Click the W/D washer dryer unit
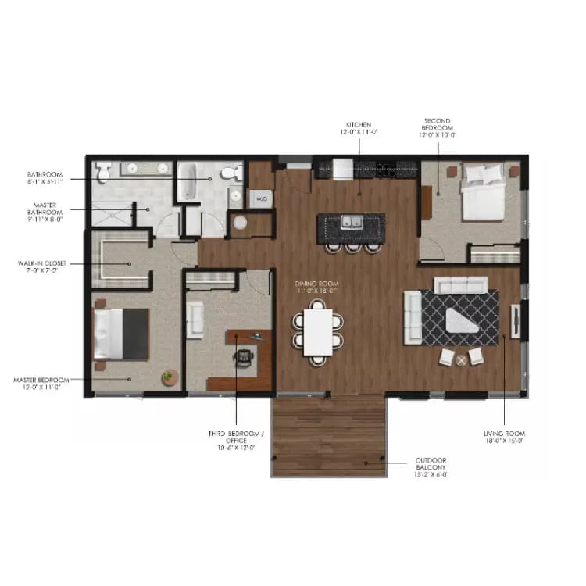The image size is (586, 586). click(260, 199)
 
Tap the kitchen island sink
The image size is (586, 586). click(348, 222)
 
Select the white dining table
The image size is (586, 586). click(317, 332)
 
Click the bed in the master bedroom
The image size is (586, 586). click(120, 334)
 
